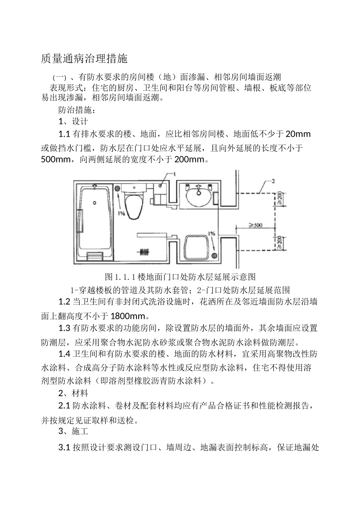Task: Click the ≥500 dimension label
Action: (x=255, y=225)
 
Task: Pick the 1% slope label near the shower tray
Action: (x=211, y=233)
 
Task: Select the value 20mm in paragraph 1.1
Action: (x=298, y=134)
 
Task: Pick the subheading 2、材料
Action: (x=73, y=393)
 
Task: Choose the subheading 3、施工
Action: (x=73, y=431)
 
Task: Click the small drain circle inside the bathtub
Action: (x=94, y=203)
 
